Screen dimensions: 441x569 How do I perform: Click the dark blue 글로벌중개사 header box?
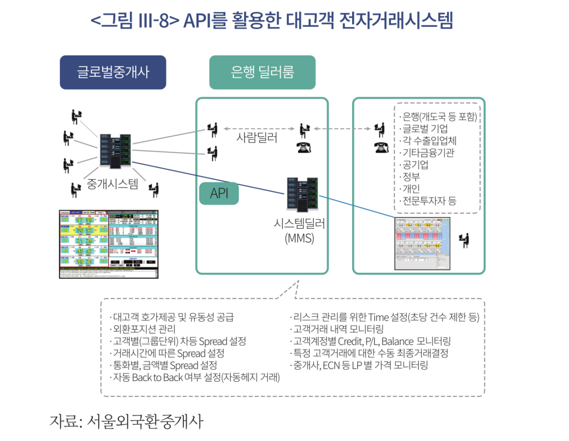pyautogui.click(x=113, y=73)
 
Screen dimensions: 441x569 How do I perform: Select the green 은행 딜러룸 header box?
pyautogui.click(x=262, y=73)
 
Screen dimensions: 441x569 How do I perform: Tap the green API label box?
pyautogui.click(x=219, y=193)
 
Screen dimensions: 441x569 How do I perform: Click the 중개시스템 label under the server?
pyautogui.click(x=112, y=184)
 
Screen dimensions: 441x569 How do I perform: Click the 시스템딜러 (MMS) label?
pyautogui.click(x=300, y=231)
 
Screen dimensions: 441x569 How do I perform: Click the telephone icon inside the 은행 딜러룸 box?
pyautogui.click(x=304, y=147)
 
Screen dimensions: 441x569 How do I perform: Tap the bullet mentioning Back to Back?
pyautogui.click(x=196, y=377)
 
